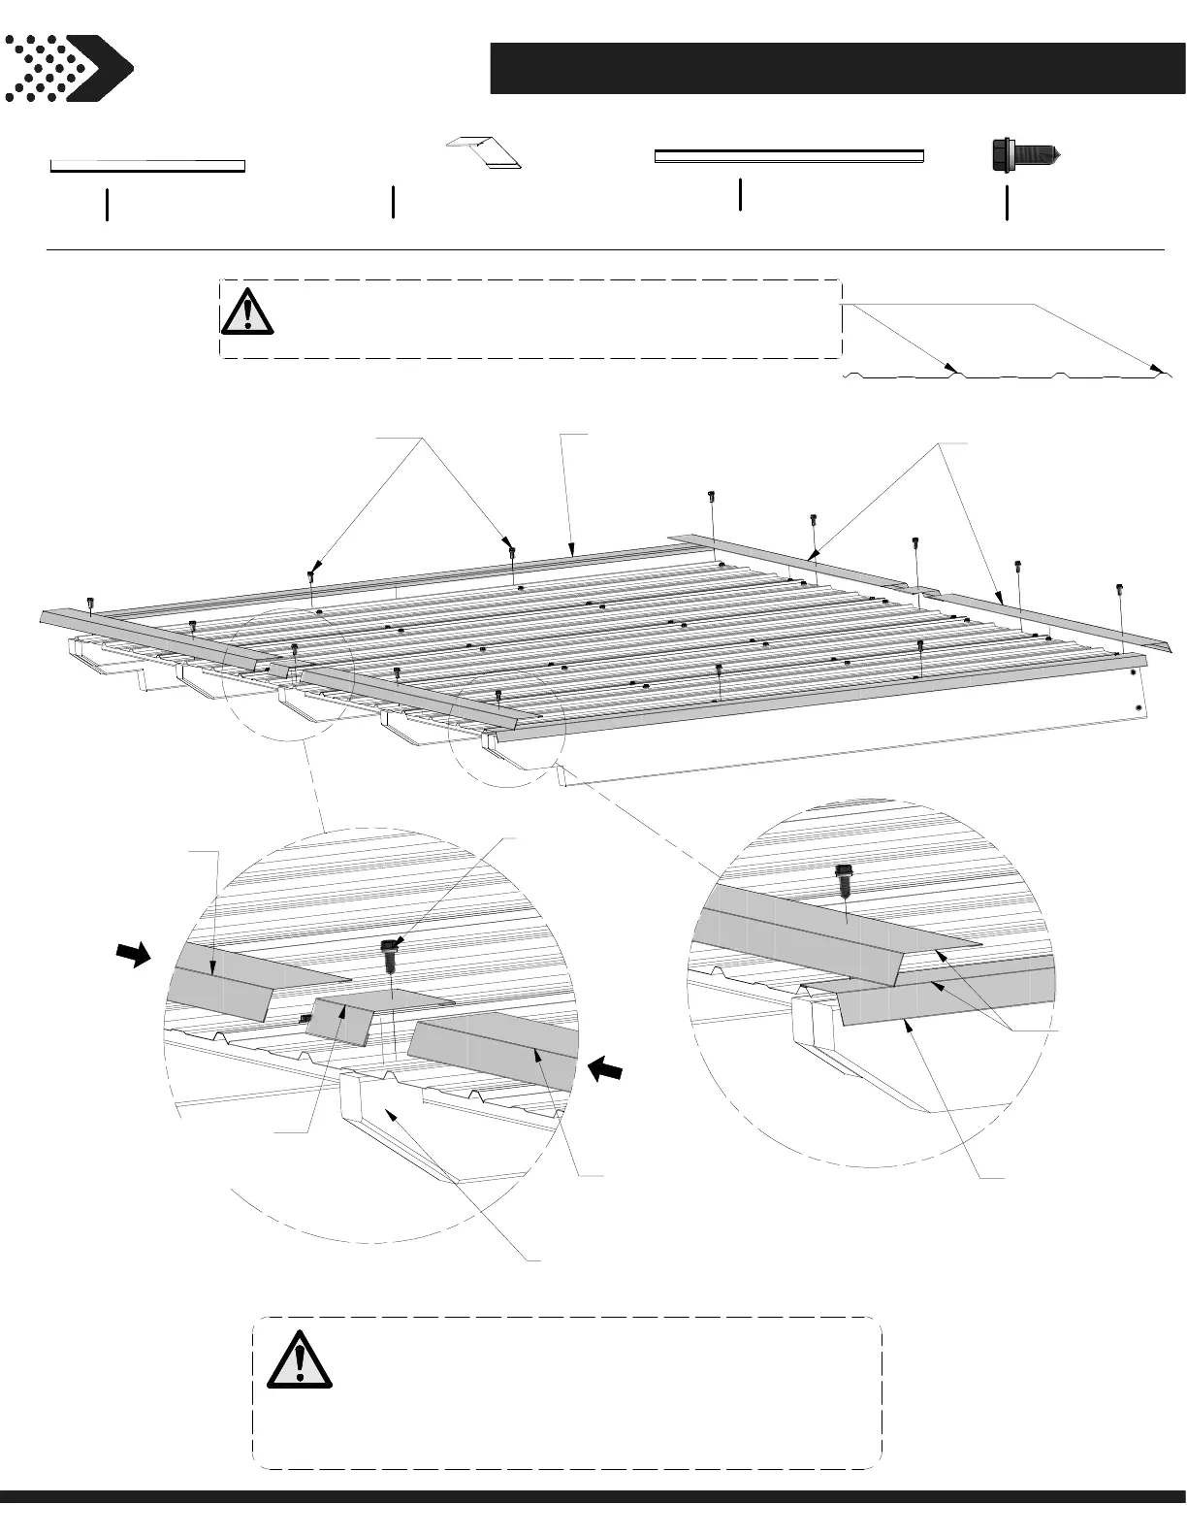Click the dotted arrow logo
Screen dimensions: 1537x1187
[x=68, y=68]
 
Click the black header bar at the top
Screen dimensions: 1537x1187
[x=837, y=68]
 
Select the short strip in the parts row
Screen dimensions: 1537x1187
[x=147, y=166]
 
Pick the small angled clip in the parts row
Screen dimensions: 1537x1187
[x=485, y=152]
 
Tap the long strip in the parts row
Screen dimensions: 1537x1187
[x=788, y=155]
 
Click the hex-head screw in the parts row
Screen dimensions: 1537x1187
[x=1023, y=155]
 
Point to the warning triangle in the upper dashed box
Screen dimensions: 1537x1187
[x=247, y=311]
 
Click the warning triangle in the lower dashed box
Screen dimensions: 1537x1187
[x=300, y=1359]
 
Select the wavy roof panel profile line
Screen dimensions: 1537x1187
[x=1009, y=375]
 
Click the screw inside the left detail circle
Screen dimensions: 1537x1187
[x=389, y=955]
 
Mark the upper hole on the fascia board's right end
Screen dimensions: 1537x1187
[x=1133, y=671]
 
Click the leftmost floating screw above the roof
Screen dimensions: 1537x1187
[x=90, y=605]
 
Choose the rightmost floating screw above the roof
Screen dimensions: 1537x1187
[x=1121, y=589]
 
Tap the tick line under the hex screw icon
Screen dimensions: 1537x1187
[x=1007, y=203]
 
